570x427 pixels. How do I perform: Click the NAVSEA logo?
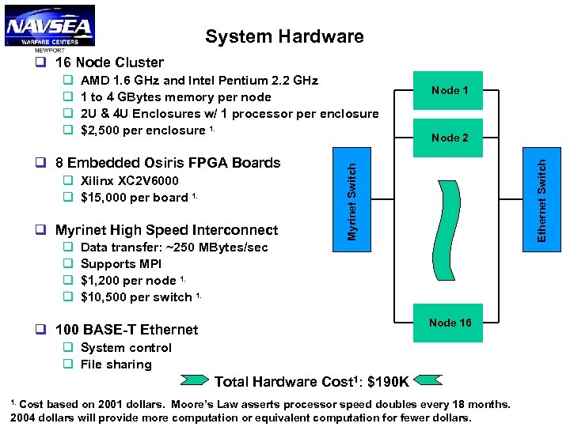coord(49,26)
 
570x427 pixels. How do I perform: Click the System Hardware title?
coord(284,36)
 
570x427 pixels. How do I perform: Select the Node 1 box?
coord(450,90)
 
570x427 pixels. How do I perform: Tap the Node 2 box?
coord(450,138)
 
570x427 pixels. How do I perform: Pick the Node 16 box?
coord(450,323)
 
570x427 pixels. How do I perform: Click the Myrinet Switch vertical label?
coord(352,198)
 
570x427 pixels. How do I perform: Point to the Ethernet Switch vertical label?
coord(542,199)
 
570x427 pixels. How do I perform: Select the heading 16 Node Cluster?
coord(109,62)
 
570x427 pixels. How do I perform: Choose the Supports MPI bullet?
coord(121,264)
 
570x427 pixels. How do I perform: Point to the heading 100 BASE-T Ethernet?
coord(127,330)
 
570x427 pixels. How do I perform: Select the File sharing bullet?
coord(116,365)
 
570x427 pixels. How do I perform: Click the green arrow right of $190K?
coord(431,382)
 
